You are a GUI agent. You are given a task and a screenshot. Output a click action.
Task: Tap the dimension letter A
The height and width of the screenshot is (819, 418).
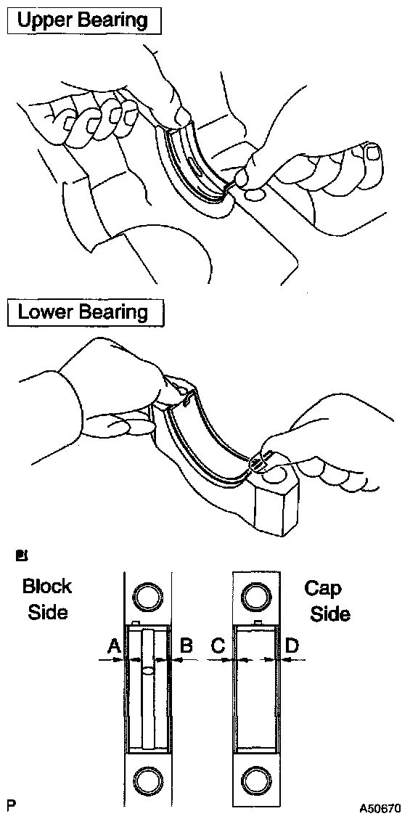click(114, 647)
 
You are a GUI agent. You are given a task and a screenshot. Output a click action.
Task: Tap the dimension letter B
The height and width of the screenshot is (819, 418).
click(187, 647)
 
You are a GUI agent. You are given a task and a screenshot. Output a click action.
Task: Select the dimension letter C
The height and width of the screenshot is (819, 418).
click(218, 647)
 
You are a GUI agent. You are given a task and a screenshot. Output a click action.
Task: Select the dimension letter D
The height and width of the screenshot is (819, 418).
click(292, 647)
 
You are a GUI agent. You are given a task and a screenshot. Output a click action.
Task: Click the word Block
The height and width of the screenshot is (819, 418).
click(47, 586)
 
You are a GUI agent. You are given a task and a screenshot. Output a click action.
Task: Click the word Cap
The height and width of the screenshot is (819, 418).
click(323, 589)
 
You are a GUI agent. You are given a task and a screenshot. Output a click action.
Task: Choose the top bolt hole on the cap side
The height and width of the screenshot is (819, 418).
click(255, 595)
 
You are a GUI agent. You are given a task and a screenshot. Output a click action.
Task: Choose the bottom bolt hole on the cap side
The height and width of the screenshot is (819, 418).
click(255, 781)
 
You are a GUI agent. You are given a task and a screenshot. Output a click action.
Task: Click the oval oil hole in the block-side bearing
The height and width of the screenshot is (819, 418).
click(148, 670)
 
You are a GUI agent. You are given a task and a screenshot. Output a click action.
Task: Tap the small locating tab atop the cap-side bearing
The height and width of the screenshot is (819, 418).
click(258, 622)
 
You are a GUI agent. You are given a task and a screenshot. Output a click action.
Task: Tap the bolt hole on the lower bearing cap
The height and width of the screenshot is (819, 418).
click(274, 475)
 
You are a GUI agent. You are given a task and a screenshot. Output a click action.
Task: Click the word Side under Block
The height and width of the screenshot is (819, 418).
click(47, 611)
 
